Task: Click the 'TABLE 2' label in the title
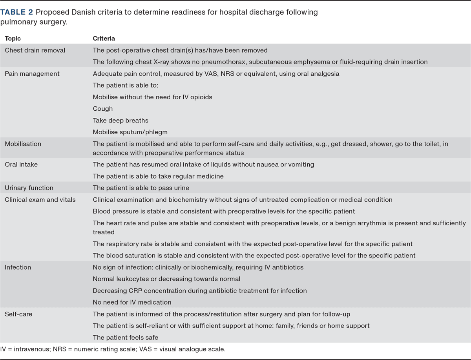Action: click(x=17, y=12)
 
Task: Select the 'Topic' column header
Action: click(x=13, y=38)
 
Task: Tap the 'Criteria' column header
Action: click(x=104, y=38)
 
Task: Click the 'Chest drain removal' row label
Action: click(x=35, y=50)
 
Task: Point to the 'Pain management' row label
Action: click(x=32, y=73)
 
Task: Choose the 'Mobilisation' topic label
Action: click(x=23, y=144)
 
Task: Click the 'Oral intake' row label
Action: click(x=21, y=164)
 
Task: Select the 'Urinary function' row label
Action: click(x=29, y=188)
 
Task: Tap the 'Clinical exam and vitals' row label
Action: click(x=40, y=200)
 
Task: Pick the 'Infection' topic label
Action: click(x=18, y=267)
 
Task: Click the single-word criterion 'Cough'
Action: click(x=102, y=109)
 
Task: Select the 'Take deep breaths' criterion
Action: click(x=120, y=121)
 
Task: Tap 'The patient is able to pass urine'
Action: click(x=141, y=188)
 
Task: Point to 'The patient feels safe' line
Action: click(x=125, y=338)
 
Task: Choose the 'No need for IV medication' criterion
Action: click(x=132, y=302)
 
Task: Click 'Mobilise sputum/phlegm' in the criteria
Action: click(x=130, y=132)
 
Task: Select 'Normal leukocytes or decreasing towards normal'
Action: click(x=166, y=279)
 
